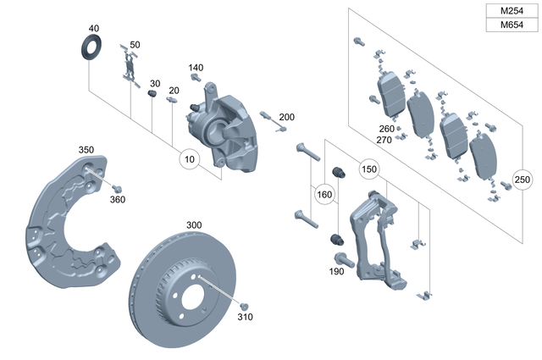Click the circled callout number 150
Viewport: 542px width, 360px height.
(x=368, y=169)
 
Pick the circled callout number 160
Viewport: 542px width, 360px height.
(x=324, y=194)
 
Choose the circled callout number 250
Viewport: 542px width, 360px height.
(x=523, y=180)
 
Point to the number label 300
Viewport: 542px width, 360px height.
(x=194, y=225)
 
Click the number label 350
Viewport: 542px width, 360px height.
(x=86, y=150)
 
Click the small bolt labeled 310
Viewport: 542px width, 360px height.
(x=244, y=305)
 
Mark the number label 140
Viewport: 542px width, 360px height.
(x=196, y=68)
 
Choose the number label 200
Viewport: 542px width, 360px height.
(x=286, y=116)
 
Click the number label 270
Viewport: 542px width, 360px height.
(x=384, y=140)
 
